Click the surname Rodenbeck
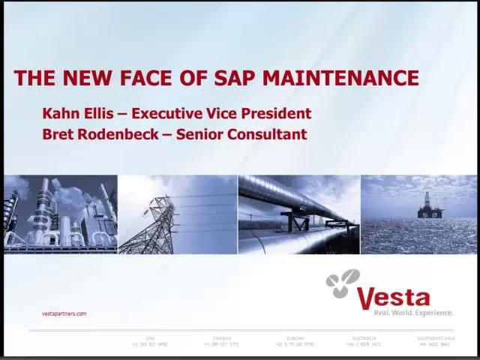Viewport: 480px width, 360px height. click(x=115, y=135)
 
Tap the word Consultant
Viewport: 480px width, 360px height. click(x=269, y=135)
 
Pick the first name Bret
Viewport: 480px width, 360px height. click(x=58, y=135)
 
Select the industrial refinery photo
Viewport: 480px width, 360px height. click(x=60, y=214)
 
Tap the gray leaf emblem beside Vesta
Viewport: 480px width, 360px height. click(x=343, y=285)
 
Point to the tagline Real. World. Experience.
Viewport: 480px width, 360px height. click(x=413, y=312)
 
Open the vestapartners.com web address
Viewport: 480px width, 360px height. click(x=64, y=313)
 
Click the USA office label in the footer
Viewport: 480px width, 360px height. click(x=150, y=338)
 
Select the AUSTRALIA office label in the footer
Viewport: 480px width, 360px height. click(x=364, y=338)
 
